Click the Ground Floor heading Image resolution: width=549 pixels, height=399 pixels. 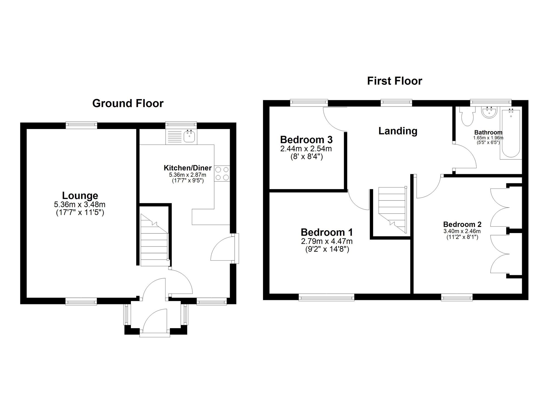pyautogui.click(x=128, y=103)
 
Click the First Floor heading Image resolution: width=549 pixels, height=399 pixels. pyautogui.click(x=394, y=81)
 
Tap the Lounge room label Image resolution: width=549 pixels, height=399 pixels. pyautogui.click(x=80, y=196)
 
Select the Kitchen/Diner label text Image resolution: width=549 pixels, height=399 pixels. pyautogui.click(x=187, y=168)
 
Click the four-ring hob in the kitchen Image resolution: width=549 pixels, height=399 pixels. pyautogui.click(x=222, y=173)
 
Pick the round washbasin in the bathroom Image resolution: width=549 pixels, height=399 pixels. pyautogui.click(x=489, y=113)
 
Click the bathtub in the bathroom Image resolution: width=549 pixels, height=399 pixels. pyautogui.click(x=511, y=134)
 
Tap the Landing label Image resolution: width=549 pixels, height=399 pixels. pyautogui.click(x=398, y=131)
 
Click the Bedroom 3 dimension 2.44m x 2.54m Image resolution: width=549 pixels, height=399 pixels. pyautogui.click(x=306, y=149)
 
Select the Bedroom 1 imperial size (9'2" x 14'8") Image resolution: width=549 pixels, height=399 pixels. pyautogui.click(x=327, y=249)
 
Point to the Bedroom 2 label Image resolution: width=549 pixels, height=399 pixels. pyautogui.click(x=462, y=224)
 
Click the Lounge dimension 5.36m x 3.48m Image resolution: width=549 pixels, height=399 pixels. pyautogui.click(x=80, y=205)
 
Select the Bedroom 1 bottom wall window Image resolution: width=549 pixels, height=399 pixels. pyautogui.click(x=326, y=297)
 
